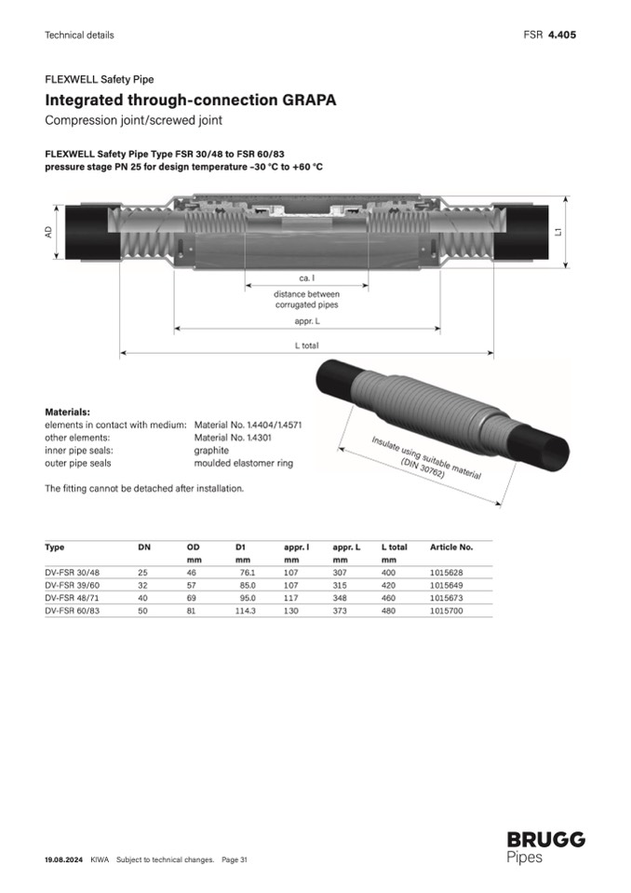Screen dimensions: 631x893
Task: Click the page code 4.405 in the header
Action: tap(562, 34)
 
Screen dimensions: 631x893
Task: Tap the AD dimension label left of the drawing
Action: tap(49, 232)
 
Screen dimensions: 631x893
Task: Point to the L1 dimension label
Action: tap(558, 232)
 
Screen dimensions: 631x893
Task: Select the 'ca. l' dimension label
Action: tap(307, 278)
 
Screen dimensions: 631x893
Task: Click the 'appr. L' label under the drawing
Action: tap(307, 321)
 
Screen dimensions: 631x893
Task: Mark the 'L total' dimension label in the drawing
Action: tap(307, 345)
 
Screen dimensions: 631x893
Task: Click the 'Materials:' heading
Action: tap(67, 412)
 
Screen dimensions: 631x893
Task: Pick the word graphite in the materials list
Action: tap(211, 451)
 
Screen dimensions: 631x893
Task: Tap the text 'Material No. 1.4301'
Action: tap(233, 438)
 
